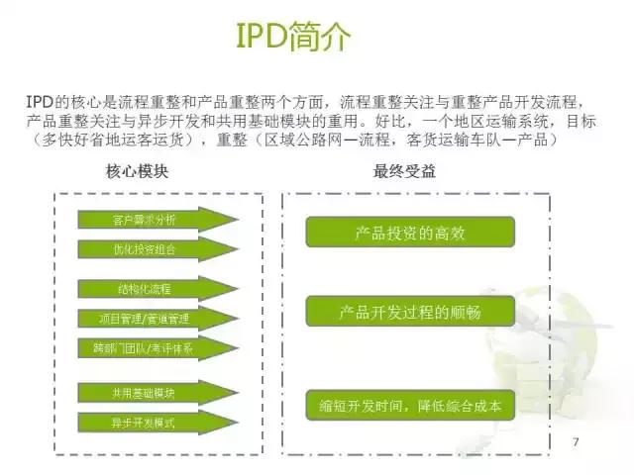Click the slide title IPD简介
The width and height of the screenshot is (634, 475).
click(293, 37)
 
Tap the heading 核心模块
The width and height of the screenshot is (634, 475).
click(137, 171)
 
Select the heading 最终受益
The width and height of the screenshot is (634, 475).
click(404, 171)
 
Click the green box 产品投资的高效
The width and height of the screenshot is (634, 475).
click(409, 233)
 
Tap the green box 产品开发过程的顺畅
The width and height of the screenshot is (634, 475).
click(410, 312)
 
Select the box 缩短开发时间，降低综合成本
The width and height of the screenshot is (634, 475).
click(410, 406)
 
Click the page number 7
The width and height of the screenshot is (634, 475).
click(576, 439)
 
